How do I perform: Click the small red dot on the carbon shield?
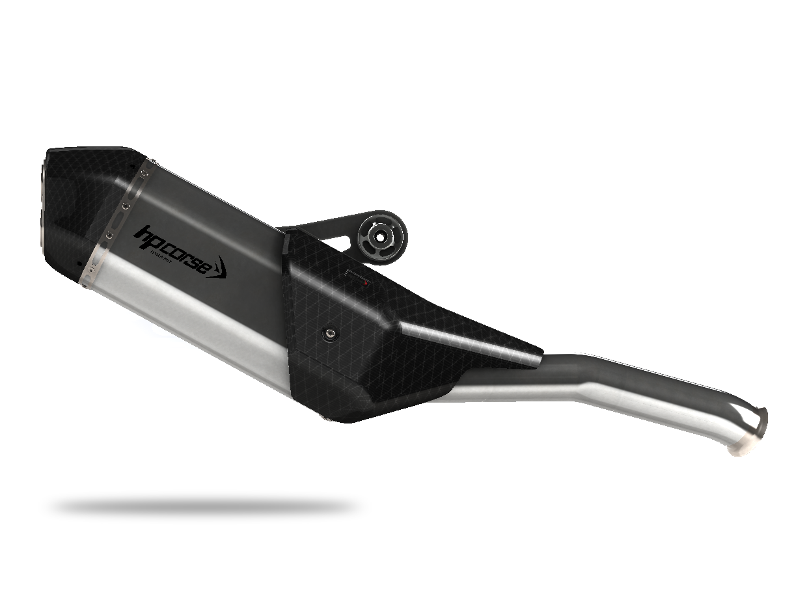[x=366, y=284]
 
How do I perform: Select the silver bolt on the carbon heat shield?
[x=331, y=334]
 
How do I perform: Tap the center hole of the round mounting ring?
[x=378, y=237]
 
